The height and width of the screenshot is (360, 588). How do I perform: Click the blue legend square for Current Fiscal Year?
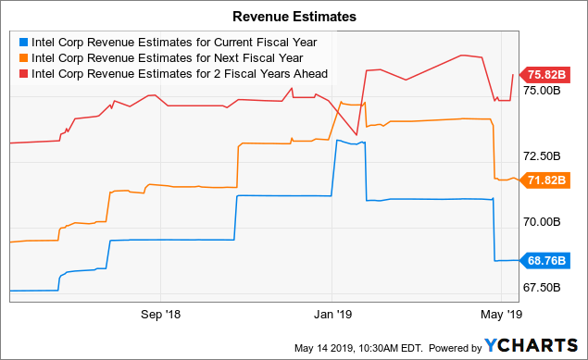click(23, 42)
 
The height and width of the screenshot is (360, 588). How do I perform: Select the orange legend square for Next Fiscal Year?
click(23, 57)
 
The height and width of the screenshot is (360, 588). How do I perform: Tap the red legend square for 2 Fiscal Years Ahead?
click(23, 73)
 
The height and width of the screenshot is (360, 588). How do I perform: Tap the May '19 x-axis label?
click(503, 314)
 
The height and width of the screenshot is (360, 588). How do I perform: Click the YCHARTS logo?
click(527, 345)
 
